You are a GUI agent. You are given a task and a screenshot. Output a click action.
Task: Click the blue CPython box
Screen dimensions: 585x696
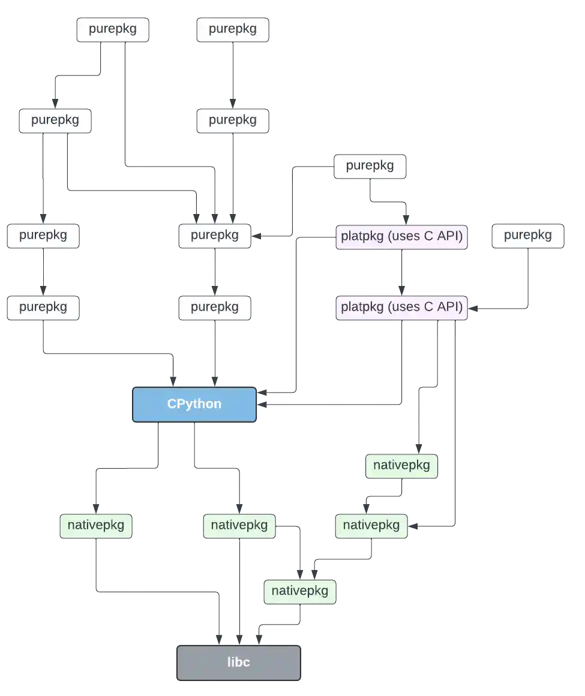coord(194,405)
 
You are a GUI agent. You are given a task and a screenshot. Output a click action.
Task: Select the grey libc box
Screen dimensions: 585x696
coord(239,662)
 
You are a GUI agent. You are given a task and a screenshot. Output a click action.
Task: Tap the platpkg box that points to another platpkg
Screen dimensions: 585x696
coord(401,237)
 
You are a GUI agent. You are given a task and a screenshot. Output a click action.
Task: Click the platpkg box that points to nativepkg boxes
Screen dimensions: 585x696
coord(401,308)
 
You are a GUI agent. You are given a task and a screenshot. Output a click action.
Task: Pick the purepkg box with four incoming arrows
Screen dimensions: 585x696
coord(215,236)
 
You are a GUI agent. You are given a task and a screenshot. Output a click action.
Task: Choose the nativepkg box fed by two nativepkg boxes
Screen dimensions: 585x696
coord(300,592)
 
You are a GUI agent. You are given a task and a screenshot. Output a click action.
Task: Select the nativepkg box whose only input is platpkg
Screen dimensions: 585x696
coord(401,466)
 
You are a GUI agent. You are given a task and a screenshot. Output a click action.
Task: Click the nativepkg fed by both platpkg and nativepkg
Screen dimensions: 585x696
coord(371,526)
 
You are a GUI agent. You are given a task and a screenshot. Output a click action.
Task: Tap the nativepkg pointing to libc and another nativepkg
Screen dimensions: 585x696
coord(239,526)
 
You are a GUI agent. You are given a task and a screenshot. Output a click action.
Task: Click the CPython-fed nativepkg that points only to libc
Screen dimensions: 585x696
coord(96,526)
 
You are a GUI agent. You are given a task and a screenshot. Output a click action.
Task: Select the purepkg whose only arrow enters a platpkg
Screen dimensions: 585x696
coord(528,236)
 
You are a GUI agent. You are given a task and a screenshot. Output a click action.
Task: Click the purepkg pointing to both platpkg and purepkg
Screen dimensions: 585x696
coord(370,167)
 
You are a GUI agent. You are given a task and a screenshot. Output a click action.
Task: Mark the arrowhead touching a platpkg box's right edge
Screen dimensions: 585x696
coord(473,309)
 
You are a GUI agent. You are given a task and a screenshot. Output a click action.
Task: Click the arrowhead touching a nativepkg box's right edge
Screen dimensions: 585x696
coord(413,526)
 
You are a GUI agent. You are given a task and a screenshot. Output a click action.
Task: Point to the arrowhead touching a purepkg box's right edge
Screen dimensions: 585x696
coord(256,236)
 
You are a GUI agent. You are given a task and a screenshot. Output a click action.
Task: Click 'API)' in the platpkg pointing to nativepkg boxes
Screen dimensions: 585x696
coord(450,307)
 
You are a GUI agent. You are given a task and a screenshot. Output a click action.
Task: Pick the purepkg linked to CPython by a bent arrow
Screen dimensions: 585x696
coord(43,308)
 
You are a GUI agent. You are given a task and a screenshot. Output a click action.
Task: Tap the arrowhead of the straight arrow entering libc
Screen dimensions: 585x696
coord(239,640)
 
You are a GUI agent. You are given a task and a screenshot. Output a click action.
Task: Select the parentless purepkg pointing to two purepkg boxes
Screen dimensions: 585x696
coord(113,30)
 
